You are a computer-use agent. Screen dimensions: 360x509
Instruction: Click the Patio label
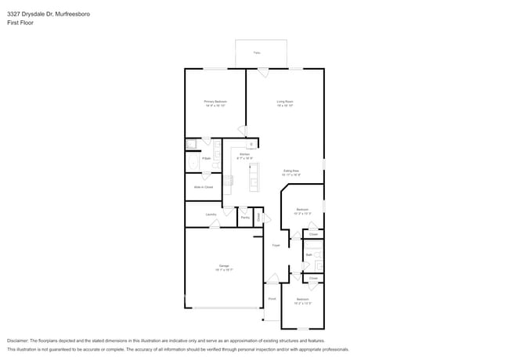tap(256, 53)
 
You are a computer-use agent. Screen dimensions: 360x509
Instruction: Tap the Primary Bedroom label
tap(215, 101)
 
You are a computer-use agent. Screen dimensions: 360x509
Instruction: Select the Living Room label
tap(284, 101)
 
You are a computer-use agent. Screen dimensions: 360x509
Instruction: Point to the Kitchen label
tap(244, 155)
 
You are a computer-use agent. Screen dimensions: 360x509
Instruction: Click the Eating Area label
tap(291, 171)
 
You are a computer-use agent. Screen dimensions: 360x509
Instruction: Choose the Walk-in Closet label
tap(204, 187)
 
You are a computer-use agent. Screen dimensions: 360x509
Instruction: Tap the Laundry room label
tap(211, 214)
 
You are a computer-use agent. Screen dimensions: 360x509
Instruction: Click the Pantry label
tap(245, 218)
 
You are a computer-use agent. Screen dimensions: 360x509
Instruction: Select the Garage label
tap(225, 267)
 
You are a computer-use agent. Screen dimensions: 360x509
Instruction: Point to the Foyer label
tap(276, 246)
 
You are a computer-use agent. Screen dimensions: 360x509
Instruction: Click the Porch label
tap(273, 299)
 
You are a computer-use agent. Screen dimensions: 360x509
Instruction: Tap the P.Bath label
tap(206, 158)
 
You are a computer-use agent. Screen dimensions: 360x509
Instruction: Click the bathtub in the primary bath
tap(194, 163)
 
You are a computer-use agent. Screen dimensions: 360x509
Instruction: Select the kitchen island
tap(254, 178)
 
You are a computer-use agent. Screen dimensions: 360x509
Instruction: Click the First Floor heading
tap(20, 23)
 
